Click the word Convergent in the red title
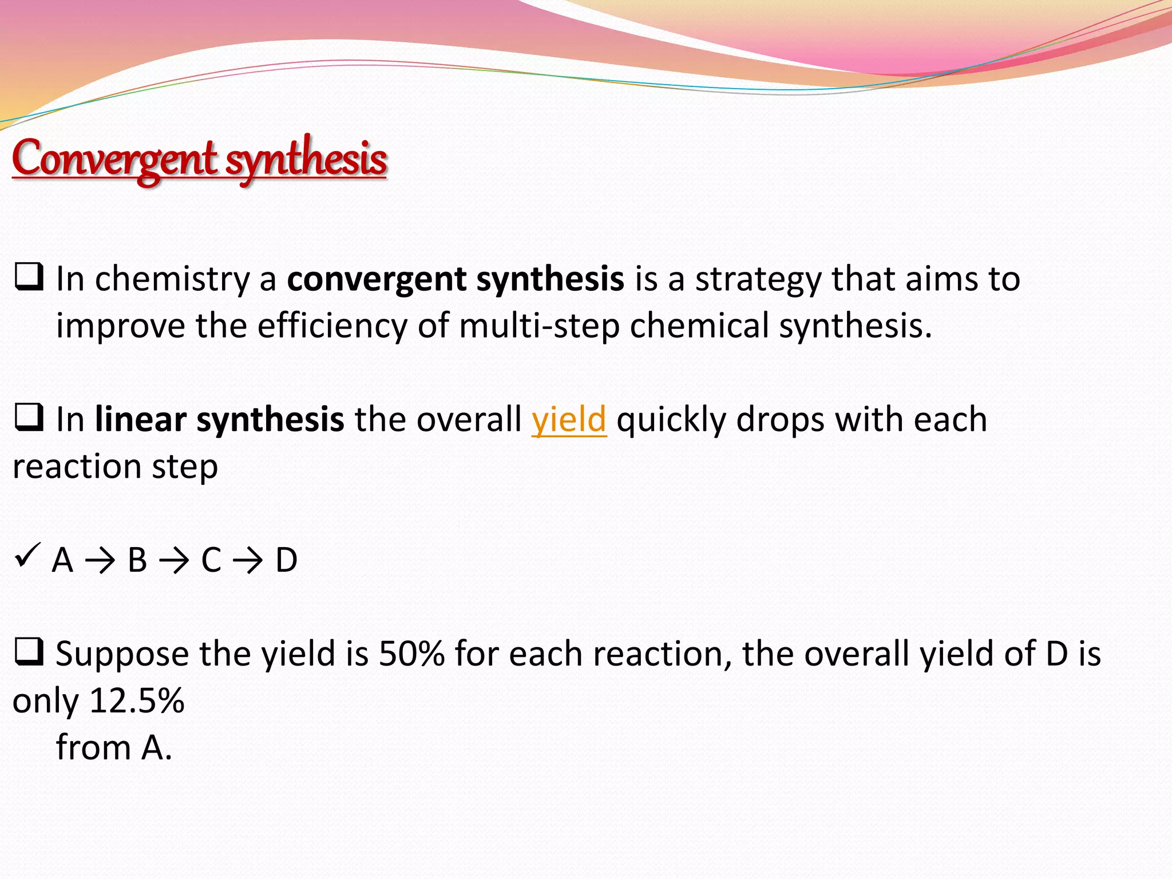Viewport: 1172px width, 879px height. coord(114,159)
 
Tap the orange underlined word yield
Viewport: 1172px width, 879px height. coord(568,419)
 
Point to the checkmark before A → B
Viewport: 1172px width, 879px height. coord(27,555)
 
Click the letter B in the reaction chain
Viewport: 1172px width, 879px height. coord(137,560)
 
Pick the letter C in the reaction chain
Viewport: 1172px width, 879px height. coord(211,560)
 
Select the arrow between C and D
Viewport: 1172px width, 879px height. coord(248,561)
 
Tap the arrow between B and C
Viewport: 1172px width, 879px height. coord(174,561)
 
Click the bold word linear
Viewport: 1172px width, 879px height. coord(141,419)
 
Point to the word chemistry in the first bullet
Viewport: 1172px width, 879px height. coord(172,280)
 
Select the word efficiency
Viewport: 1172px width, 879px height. coord(332,326)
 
